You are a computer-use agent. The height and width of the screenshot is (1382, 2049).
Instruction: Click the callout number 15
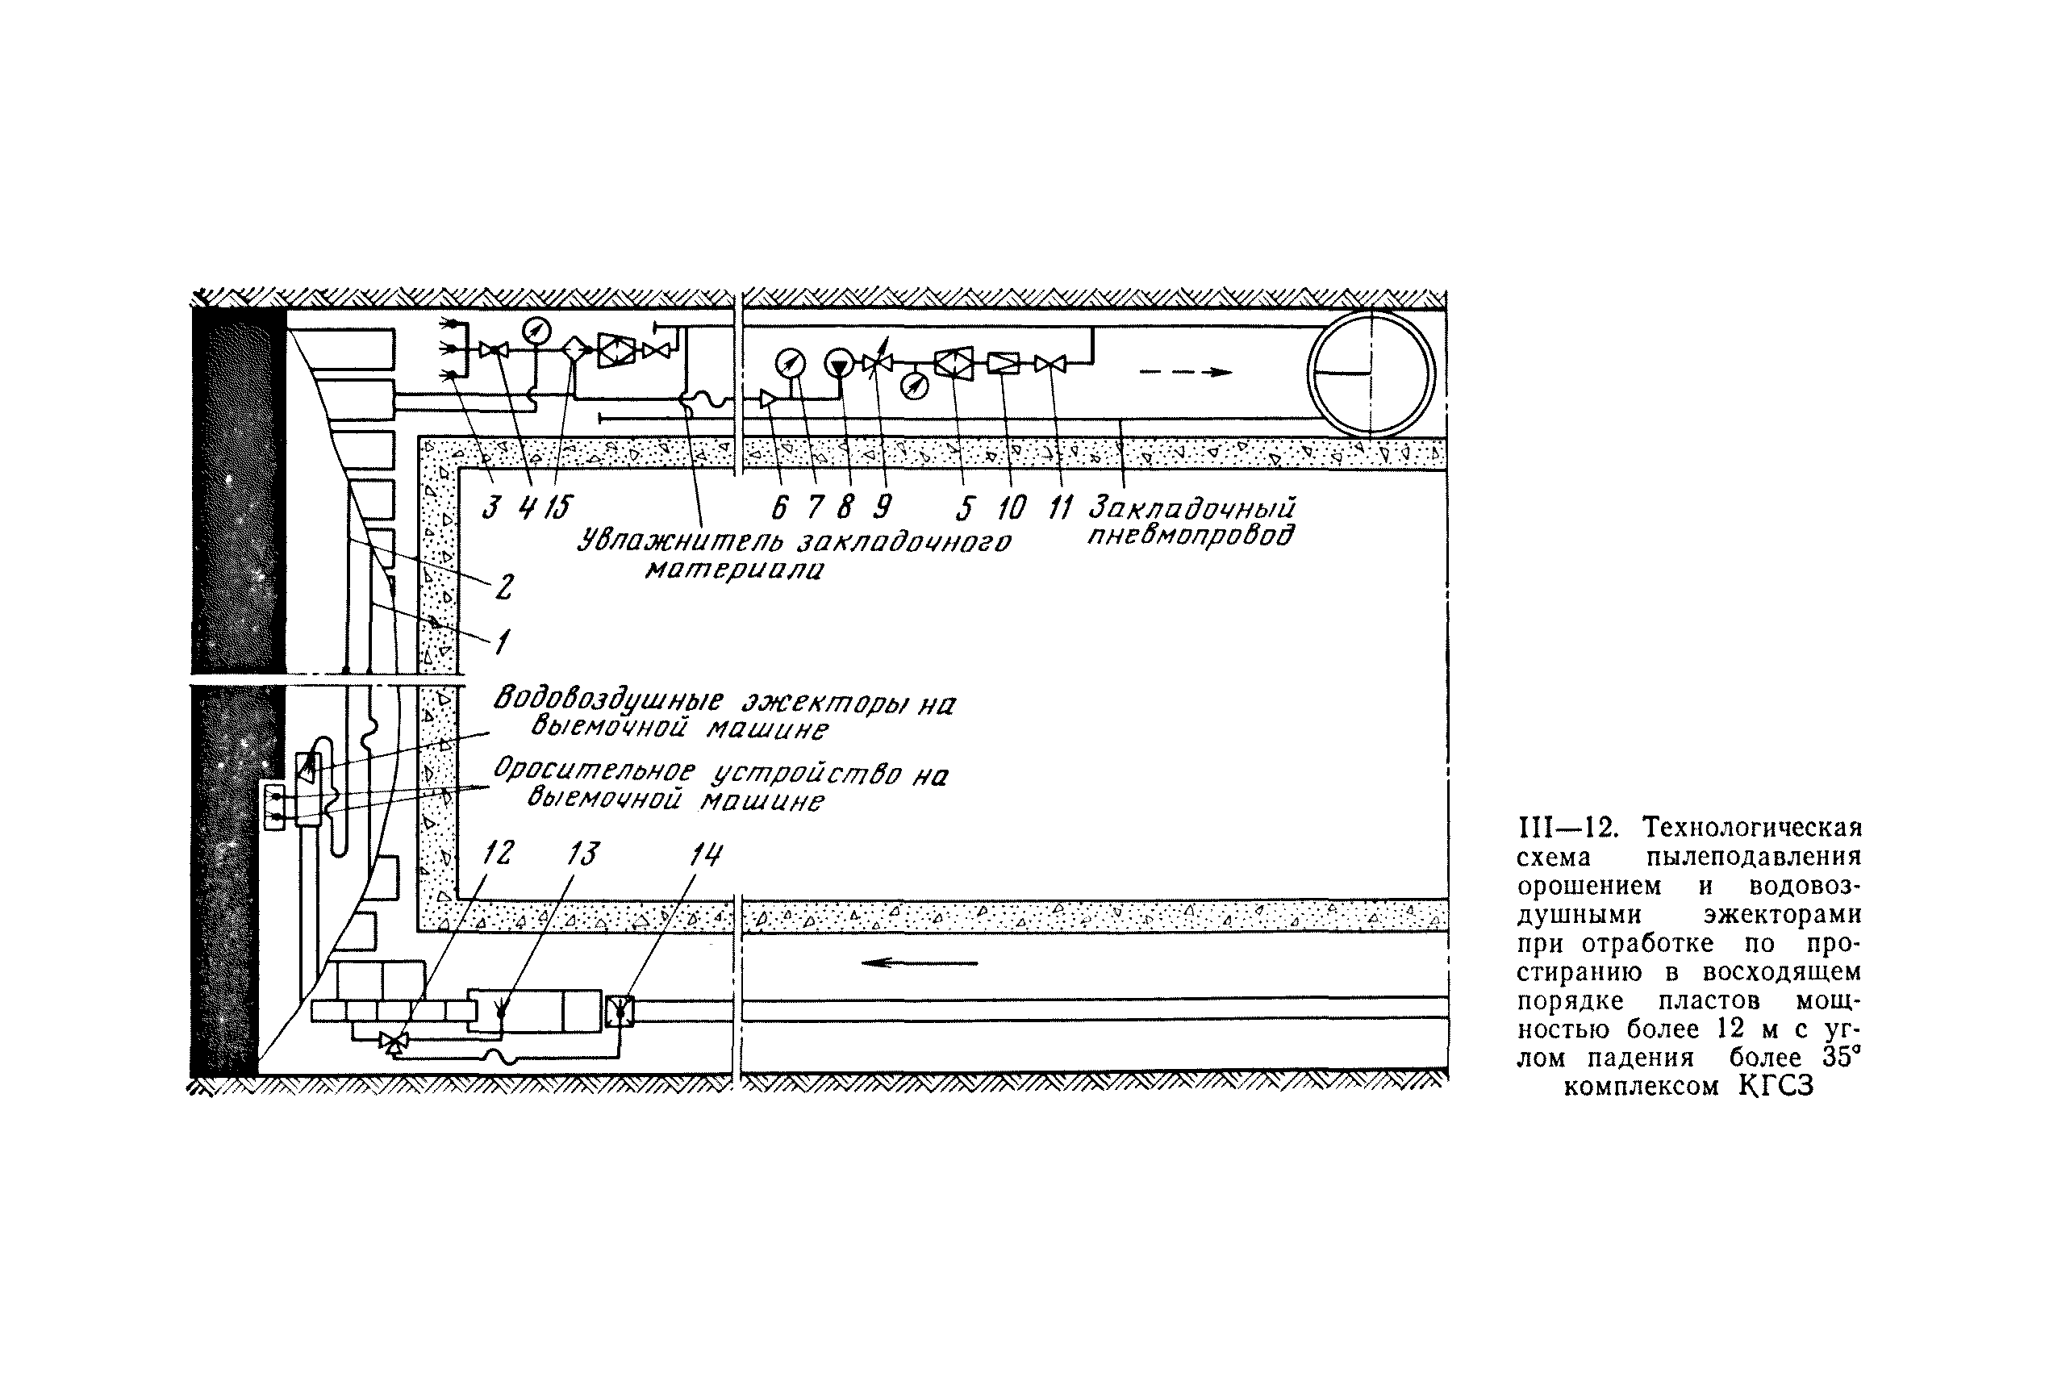557,507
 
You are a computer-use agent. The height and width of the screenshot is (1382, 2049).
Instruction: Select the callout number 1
501,642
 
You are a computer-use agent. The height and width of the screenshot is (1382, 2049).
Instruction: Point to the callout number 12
498,854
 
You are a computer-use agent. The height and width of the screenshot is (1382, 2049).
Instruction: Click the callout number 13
582,854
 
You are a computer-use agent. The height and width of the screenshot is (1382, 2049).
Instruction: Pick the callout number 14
706,854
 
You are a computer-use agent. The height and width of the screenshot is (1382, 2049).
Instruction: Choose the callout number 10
1012,507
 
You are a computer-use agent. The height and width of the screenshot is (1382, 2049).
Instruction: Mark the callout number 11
1059,507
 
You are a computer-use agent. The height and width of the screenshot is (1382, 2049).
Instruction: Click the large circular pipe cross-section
1371,373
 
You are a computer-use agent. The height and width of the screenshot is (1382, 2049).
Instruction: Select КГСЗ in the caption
1776,1086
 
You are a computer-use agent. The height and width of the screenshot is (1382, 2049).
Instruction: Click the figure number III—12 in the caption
1568,828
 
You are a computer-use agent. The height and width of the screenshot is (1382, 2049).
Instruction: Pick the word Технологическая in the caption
1751,828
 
